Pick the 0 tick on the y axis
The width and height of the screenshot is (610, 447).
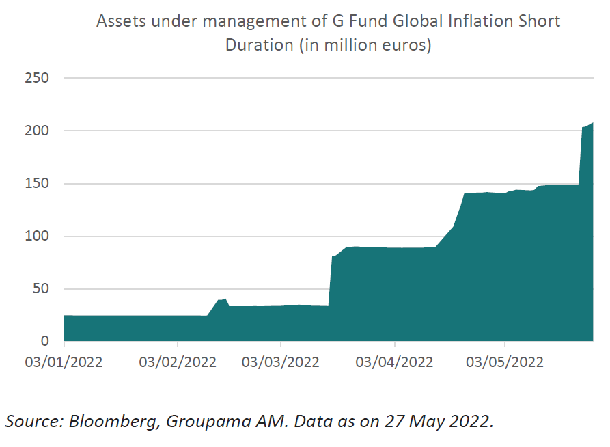[44, 342]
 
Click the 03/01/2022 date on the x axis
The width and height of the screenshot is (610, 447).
[64, 362]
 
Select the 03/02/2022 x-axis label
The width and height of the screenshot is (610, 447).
[177, 362]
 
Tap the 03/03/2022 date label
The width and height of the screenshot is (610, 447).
[280, 362]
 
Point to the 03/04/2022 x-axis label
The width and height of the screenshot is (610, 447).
[394, 362]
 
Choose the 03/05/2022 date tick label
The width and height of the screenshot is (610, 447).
[505, 362]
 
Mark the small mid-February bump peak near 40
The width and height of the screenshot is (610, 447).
[225, 299]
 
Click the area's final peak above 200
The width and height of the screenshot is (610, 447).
[592, 123]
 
